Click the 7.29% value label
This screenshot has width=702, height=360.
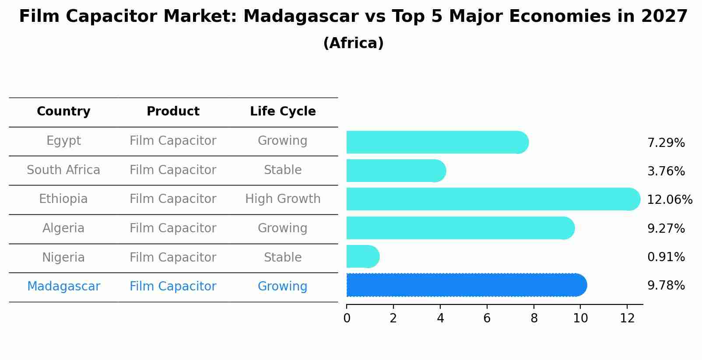666,143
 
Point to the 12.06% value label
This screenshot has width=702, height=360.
669,200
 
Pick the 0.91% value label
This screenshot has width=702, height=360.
666,257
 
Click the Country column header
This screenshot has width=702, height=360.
63,112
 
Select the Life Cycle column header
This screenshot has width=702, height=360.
283,112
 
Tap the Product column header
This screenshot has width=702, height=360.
173,112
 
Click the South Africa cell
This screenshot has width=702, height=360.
63,170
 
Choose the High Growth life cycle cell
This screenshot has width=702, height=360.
283,199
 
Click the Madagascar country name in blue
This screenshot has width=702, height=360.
63,287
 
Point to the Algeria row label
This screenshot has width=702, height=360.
63,228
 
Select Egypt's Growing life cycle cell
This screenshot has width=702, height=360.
283,141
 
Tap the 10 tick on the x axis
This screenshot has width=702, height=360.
580,318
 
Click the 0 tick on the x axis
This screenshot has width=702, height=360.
347,318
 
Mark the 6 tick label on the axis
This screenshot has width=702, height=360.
487,318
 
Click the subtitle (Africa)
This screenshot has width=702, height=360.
353,43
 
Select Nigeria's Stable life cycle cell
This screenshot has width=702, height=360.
283,258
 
